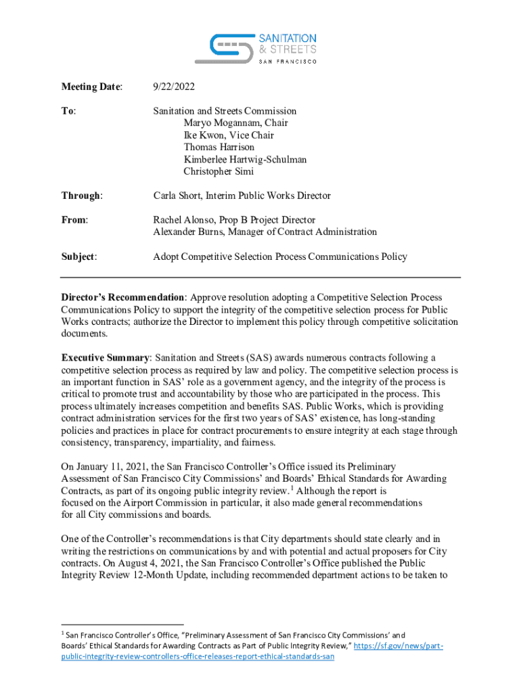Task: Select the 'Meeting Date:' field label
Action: click(92, 87)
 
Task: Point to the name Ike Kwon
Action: click(202, 135)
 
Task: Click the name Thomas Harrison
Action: click(219, 147)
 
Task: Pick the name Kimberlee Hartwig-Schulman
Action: click(245, 159)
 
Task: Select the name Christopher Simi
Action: click(219, 171)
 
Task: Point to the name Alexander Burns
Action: click(187, 232)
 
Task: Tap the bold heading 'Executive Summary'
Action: click(105, 357)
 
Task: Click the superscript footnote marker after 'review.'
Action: click(292, 487)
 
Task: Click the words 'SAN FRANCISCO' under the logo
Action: click(289, 61)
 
